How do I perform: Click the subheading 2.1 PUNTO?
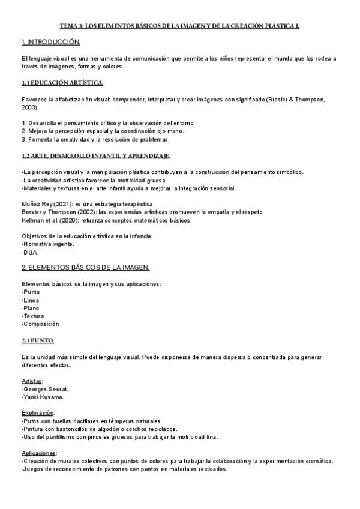pos(38,340)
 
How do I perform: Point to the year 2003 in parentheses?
pos(31,107)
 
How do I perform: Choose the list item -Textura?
pos(32,315)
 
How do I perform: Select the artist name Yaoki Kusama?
pos(44,397)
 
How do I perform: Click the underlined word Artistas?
pos(32,381)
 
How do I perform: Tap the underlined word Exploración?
pos(38,413)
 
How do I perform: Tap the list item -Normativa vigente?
pos(49,244)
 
